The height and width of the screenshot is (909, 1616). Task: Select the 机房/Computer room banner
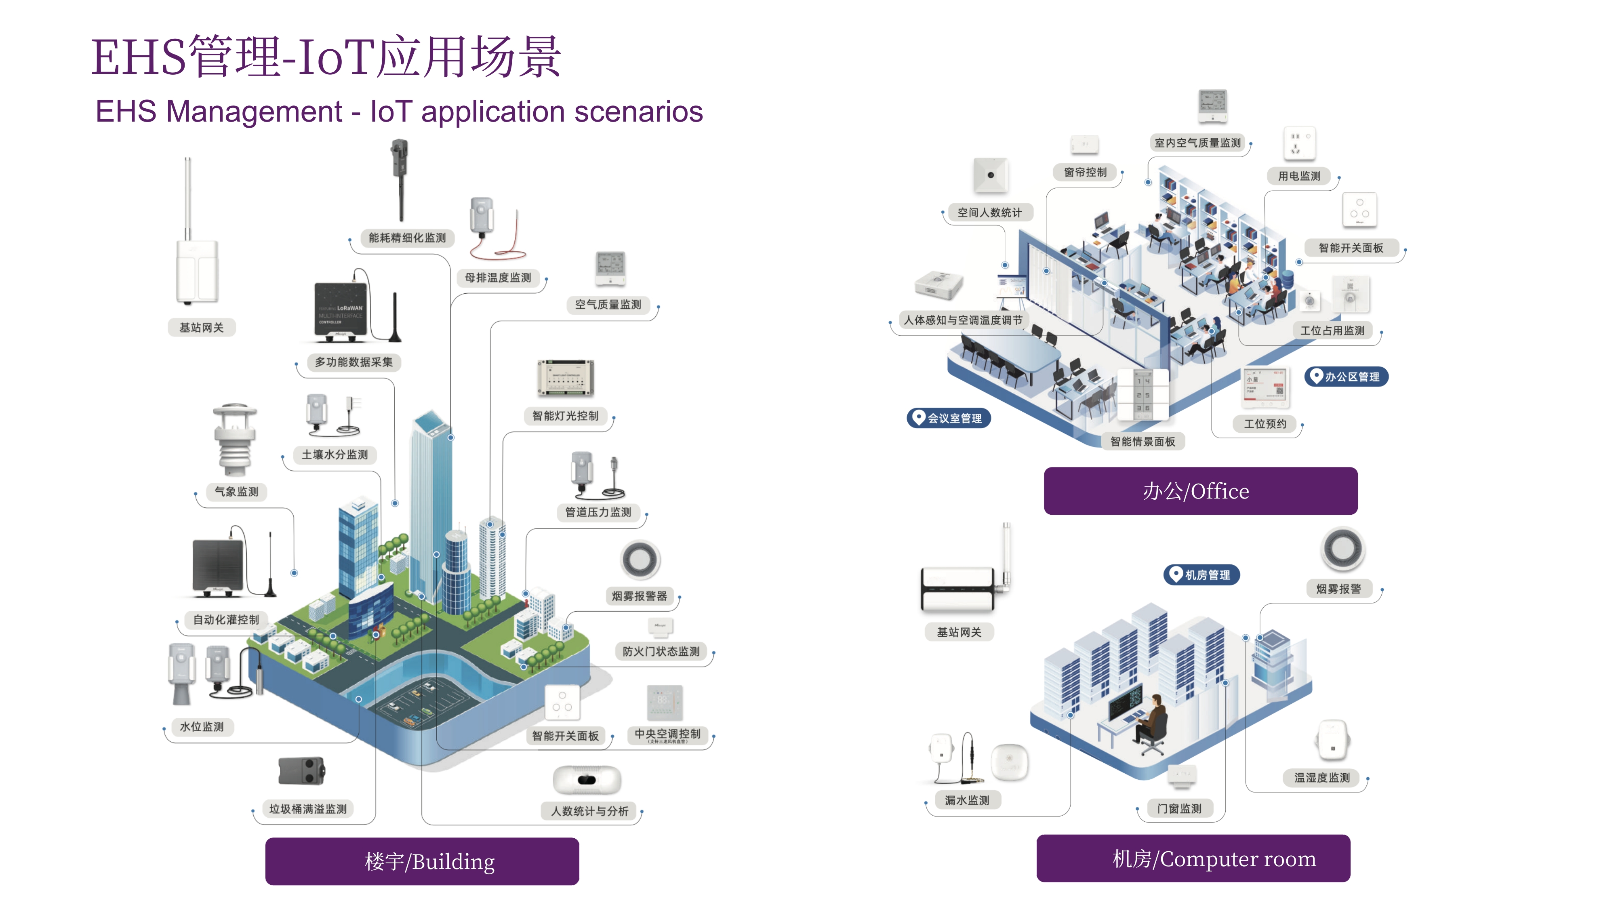pos(1193,858)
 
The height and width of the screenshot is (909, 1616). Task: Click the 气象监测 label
pos(236,492)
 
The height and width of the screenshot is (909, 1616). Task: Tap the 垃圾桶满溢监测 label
pos(308,809)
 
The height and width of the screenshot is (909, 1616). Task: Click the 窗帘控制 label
pos(1085,172)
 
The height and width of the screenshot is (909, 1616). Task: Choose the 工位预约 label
pos(1265,423)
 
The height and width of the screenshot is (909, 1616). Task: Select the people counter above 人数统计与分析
pos(587,780)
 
